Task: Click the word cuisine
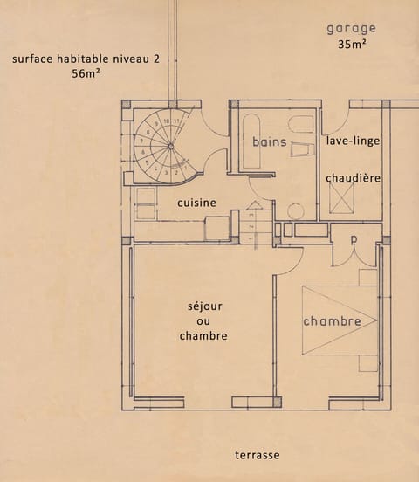pyautogui.click(x=196, y=203)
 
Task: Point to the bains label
pyautogui.click(x=270, y=141)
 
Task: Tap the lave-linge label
pyautogui.click(x=353, y=141)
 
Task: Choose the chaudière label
pyautogui.click(x=353, y=178)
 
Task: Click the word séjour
pyautogui.click(x=203, y=306)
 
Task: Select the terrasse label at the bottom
pyautogui.click(x=258, y=455)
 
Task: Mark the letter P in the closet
pyautogui.click(x=354, y=238)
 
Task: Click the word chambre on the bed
pyautogui.click(x=332, y=322)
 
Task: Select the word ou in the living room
pyautogui.click(x=203, y=321)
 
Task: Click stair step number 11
pyautogui.click(x=176, y=120)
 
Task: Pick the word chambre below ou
pyautogui.click(x=203, y=336)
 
